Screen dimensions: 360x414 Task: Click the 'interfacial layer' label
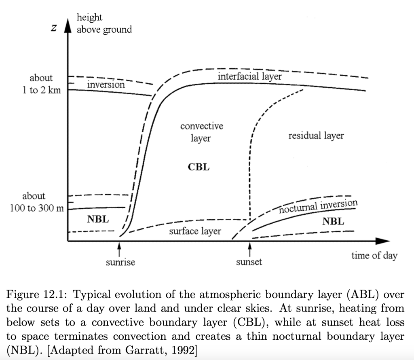[249, 76]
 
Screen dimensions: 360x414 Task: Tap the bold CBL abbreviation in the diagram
[199, 167]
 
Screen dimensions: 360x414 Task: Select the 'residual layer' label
[316, 136]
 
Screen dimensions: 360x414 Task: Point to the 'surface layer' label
[195, 231]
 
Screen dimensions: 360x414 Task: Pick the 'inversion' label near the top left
[106, 85]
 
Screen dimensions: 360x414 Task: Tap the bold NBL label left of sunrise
[98, 219]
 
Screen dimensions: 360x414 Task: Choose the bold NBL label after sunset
[333, 221]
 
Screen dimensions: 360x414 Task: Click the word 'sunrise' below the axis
[120, 262]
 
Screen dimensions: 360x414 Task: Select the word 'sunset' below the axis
[249, 262]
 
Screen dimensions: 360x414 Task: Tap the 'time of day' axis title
[374, 255]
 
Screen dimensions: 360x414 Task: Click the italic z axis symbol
[53, 28]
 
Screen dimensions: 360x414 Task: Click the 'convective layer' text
[201, 132]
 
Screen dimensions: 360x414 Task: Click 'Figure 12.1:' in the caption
[35, 295]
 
